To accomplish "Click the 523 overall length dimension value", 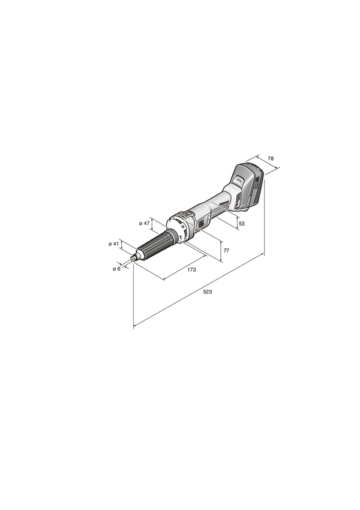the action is tap(208, 292).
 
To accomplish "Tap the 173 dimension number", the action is tap(191, 269).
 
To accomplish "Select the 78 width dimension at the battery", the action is tap(270, 158).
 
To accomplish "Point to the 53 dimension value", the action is tap(241, 223).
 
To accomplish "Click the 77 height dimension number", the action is tap(226, 250).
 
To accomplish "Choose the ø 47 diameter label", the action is tap(144, 223).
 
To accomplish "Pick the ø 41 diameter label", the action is tap(113, 244).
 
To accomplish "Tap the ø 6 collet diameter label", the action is tap(116, 269).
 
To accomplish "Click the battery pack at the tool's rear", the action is tap(248, 185).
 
